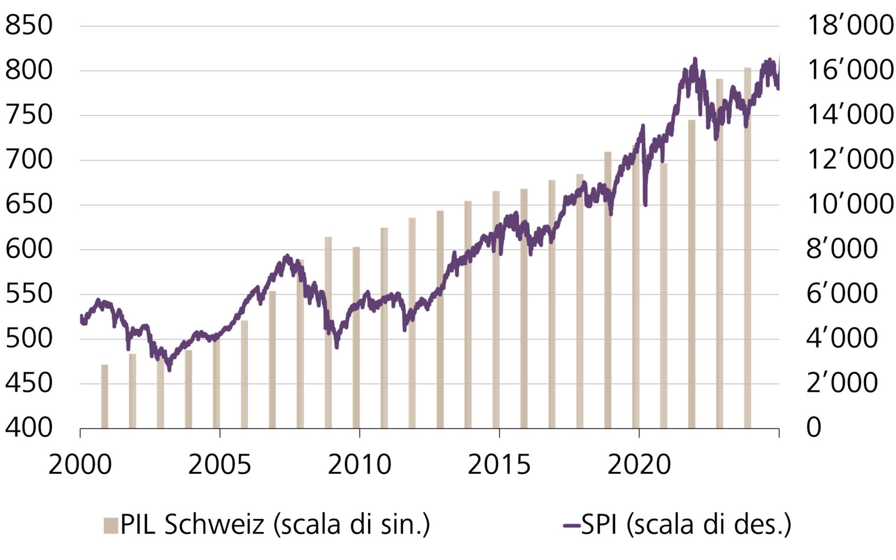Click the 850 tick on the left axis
(x=29, y=25)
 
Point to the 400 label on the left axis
(x=29, y=428)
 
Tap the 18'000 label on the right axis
(x=850, y=25)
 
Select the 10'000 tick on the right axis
(x=850, y=204)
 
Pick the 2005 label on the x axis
(x=219, y=465)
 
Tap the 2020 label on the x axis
(x=639, y=465)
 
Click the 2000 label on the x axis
(x=80, y=465)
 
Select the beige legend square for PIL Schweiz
(x=111, y=525)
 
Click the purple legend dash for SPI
(x=572, y=525)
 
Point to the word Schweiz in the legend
(x=214, y=525)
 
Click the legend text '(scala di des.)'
(x=708, y=525)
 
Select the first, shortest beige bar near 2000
(x=105, y=397)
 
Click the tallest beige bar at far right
(x=748, y=247)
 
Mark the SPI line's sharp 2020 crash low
(x=645, y=204)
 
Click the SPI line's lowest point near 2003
(x=169, y=370)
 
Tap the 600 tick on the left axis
(x=29, y=249)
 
